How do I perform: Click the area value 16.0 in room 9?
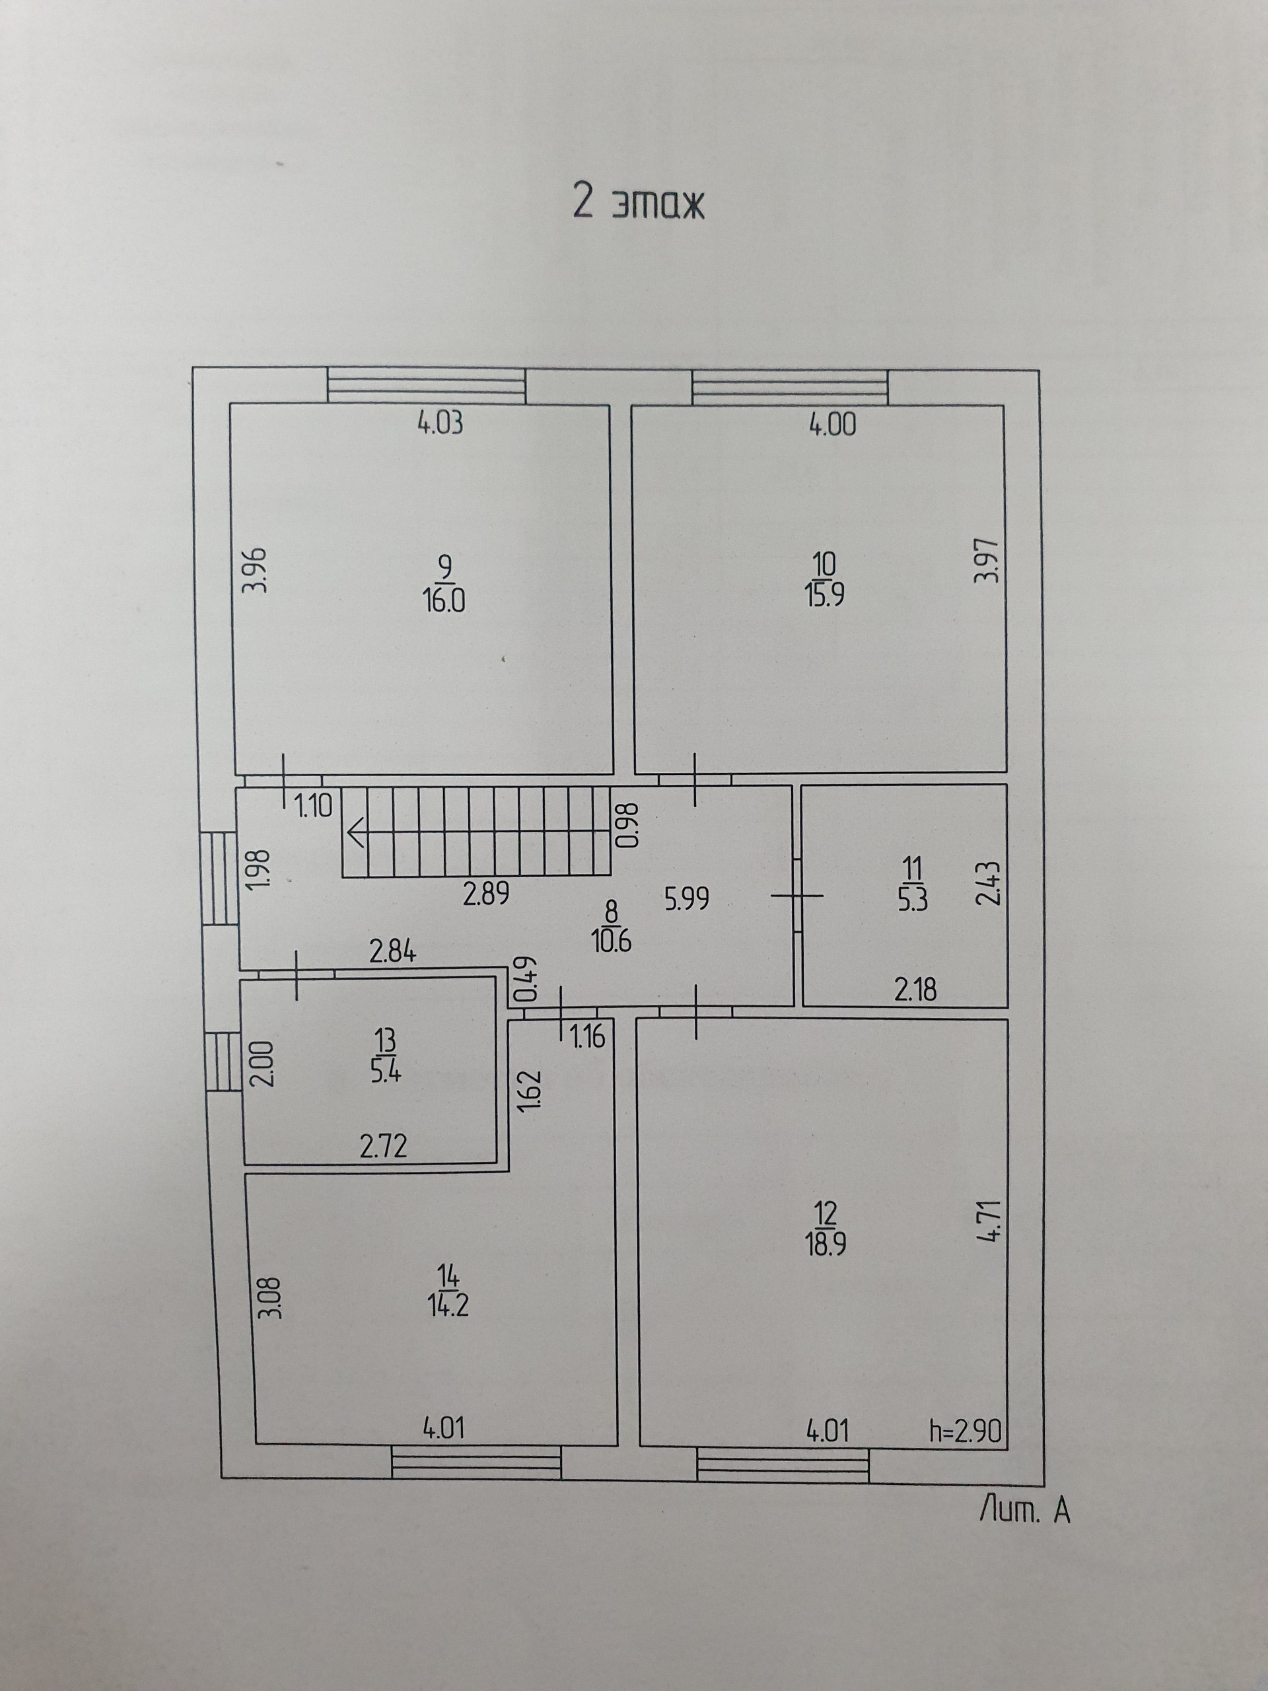click(443, 602)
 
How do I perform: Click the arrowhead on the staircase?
click(356, 832)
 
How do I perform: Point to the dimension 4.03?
click(440, 423)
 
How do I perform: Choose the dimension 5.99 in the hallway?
click(686, 898)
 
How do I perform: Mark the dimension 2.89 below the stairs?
click(486, 894)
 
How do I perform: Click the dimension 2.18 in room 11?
click(915, 991)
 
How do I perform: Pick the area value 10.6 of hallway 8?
click(612, 941)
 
